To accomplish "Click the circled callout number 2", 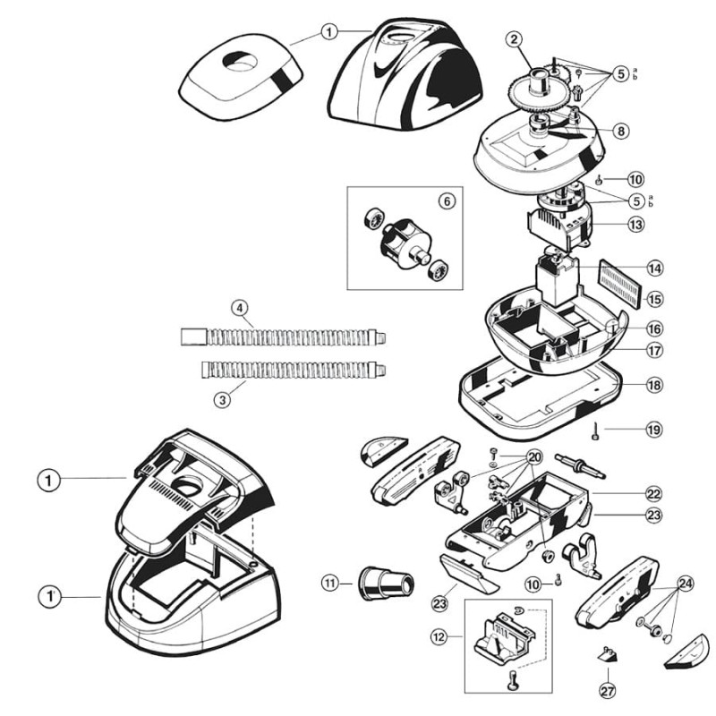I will tap(513, 38).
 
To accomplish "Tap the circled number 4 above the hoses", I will tap(239, 307).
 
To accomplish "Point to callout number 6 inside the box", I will tap(446, 201).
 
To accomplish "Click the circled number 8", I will tap(621, 130).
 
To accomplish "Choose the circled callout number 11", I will tap(331, 583).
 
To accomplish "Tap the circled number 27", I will tap(609, 690).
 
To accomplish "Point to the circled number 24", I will tap(686, 582).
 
